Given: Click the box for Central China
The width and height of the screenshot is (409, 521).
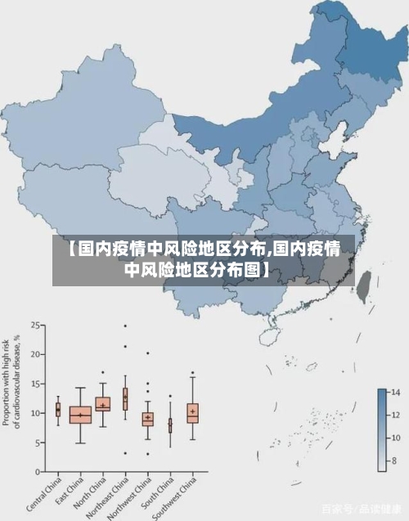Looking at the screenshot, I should [58, 409].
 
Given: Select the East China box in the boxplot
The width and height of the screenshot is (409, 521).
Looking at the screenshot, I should [80, 415].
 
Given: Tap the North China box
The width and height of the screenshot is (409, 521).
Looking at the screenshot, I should [102, 404].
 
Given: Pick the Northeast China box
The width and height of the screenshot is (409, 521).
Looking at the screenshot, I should [125, 398].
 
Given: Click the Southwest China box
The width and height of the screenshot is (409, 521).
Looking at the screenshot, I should [192, 412].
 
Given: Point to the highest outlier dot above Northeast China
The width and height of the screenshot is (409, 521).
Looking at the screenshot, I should [125, 326].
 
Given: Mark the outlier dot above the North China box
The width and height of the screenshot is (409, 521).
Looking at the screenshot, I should [102, 372].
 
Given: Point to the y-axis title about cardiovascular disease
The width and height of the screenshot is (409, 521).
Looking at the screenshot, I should [12, 380].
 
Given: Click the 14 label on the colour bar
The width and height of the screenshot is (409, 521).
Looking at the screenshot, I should [394, 393].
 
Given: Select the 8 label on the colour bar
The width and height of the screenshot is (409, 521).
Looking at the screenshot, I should [394, 460].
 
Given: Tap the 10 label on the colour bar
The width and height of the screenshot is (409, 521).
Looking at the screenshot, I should [394, 438].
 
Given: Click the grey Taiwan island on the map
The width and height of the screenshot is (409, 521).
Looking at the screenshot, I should [365, 283].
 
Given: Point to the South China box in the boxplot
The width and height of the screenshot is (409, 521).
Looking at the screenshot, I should [170, 425].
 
